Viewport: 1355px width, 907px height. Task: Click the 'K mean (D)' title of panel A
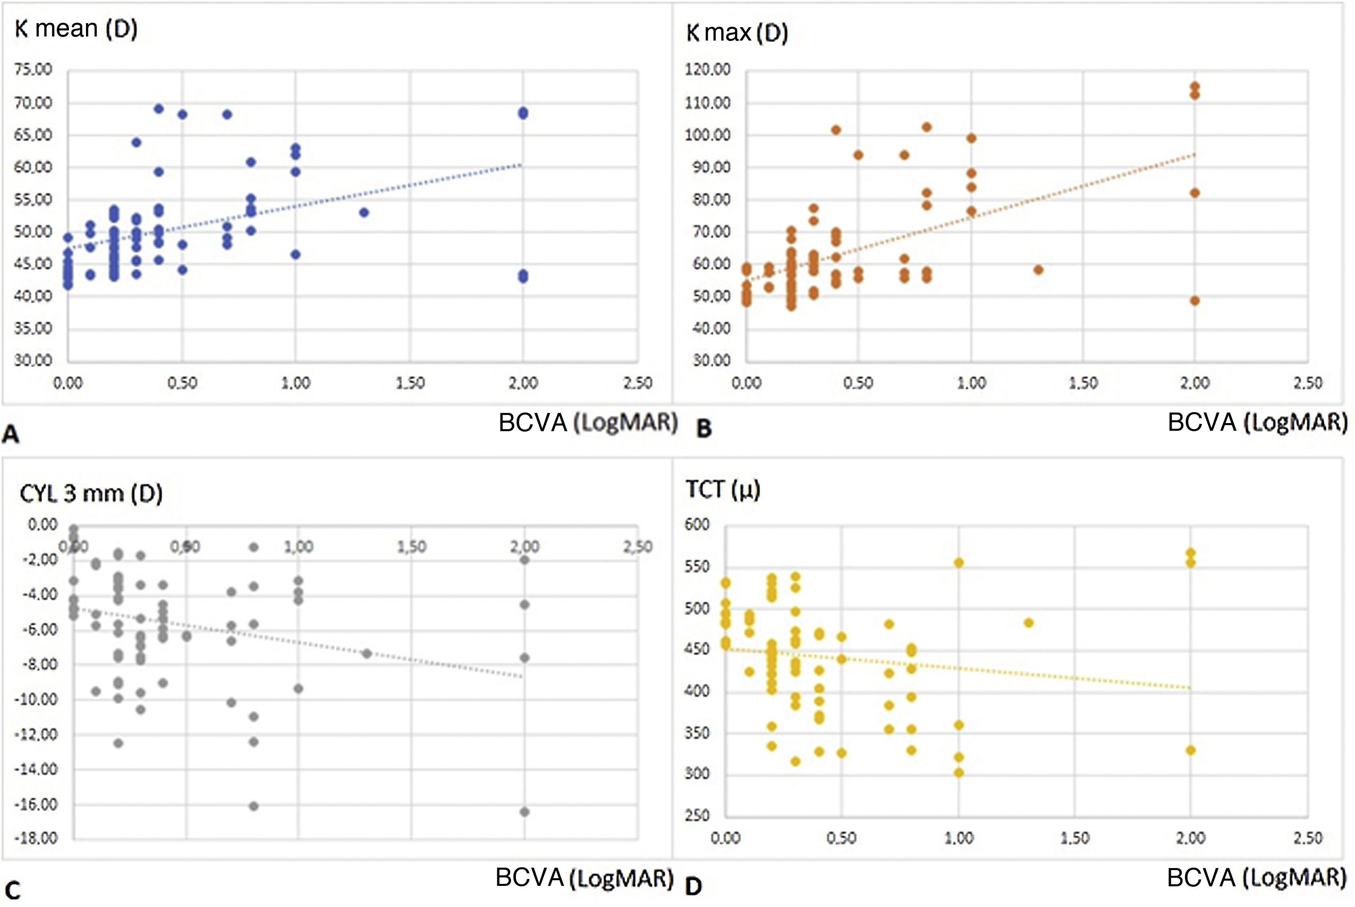coord(76,29)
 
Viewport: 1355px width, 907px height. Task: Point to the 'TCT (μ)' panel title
coord(722,490)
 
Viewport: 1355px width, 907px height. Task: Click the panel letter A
coord(11,434)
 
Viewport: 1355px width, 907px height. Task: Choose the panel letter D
coord(694,886)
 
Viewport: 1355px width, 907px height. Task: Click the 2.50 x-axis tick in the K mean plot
coord(637,383)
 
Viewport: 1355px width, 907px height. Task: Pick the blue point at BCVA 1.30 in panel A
coord(364,212)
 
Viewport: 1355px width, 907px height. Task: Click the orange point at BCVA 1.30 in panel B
coord(1038,270)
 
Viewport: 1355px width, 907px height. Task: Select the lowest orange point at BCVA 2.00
coord(1194,300)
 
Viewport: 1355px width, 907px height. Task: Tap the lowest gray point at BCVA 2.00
coord(524,812)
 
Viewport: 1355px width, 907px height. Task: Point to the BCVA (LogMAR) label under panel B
coord(1257,423)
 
